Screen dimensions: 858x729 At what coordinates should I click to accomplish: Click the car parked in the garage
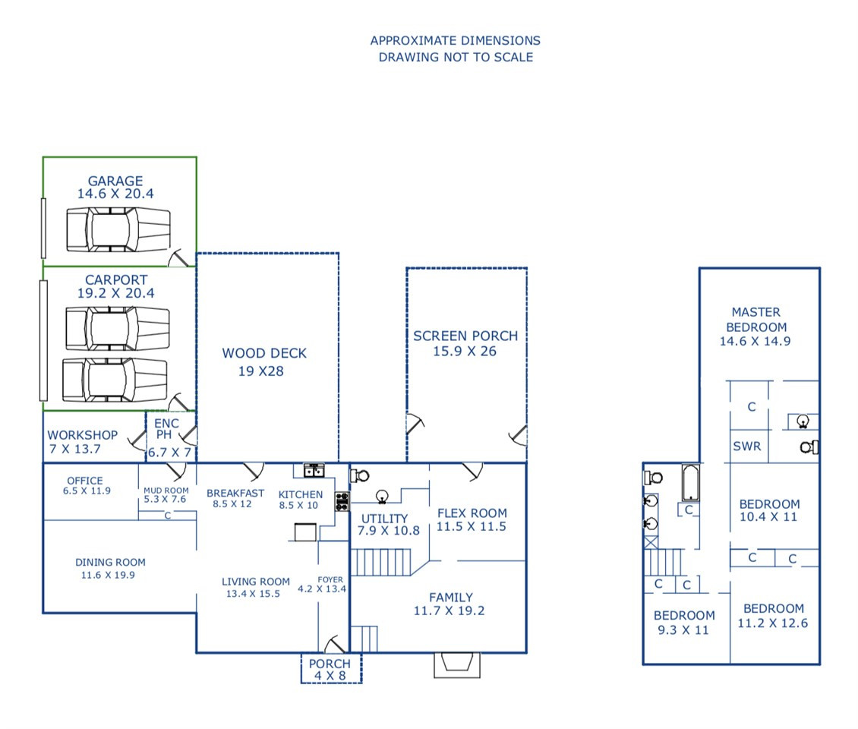(118, 230)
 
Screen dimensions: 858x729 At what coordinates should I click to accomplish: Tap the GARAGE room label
(115, 181)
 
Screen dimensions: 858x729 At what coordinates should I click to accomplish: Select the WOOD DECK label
(264, 353)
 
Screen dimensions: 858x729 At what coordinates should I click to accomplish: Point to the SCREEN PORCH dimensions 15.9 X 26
(465, 352)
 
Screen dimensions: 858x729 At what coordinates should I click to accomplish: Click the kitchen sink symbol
(314, 470)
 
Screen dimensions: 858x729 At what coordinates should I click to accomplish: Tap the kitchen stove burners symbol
(342, 501)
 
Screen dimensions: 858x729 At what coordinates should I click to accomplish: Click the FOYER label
(330, 579)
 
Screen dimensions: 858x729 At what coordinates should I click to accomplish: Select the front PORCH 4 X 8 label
(330, 669)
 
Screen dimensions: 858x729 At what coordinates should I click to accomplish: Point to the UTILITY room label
(385, 519)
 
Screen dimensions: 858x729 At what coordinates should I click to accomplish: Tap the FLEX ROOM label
(472, 513)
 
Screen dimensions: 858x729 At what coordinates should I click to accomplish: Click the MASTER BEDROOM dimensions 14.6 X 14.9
(755, 341)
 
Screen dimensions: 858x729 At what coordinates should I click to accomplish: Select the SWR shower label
(747, 446)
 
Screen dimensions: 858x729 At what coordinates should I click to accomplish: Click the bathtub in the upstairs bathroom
(690, 483)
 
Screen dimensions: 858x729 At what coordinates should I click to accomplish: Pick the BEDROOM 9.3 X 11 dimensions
(683, 630)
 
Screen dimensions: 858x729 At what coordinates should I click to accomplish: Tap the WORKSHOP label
(83, 435)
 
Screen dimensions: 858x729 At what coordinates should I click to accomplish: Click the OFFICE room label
(85, 481)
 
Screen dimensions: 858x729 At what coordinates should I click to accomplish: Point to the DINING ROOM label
(111, 562)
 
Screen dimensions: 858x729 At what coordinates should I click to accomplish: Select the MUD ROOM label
(166, 491)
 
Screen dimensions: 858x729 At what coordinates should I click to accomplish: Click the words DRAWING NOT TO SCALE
(456, 57)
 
